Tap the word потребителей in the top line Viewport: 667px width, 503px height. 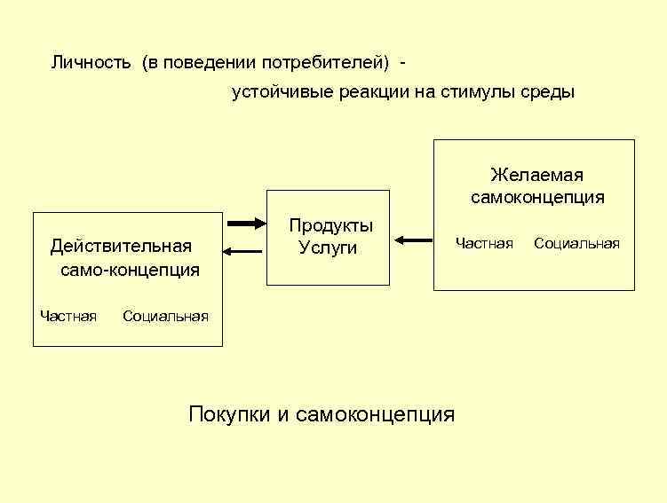click(332, 63)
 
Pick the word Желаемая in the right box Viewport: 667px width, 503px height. click(536, 175)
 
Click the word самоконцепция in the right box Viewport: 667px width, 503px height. click(537, 197)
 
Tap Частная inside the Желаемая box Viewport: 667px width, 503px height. click(484, 243)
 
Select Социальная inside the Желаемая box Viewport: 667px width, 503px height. click(576, 243)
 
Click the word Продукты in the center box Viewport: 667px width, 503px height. click(330, 226)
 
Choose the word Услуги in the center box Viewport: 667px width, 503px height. click(328, 248)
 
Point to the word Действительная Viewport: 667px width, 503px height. click(121, 246)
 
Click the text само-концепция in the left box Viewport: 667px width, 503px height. click(130, 269)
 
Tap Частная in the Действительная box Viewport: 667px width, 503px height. click(68, 315)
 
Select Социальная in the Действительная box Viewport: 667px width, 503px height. click(165, 315)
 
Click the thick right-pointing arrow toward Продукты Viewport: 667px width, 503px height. click(247, 223)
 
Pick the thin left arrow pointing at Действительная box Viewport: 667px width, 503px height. click(242, 252)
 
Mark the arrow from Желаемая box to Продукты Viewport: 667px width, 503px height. click(414, 240)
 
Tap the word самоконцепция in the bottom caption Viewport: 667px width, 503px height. click(375, 414)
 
